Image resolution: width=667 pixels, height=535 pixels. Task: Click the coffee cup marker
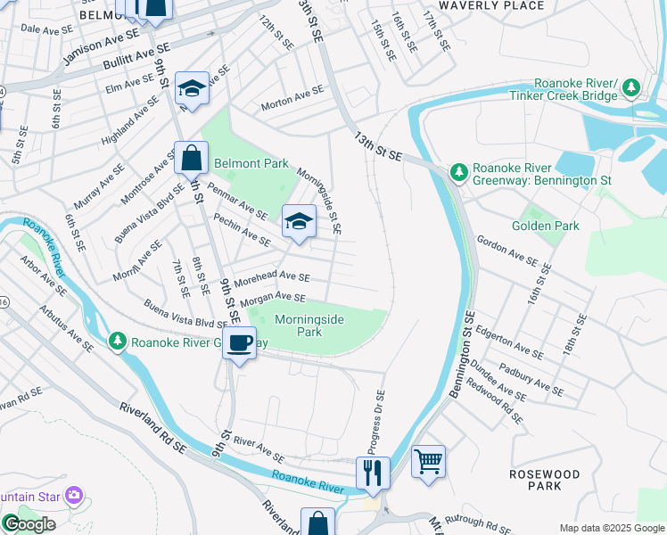238,343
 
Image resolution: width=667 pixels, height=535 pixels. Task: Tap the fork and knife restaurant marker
373,472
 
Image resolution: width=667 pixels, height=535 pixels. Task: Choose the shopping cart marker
428,462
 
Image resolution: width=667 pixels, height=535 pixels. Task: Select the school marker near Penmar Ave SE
299,222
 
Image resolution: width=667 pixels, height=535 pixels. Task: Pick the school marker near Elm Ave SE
192,88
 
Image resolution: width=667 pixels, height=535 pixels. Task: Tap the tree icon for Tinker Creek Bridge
631,87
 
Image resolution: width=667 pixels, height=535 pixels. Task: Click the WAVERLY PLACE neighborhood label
505,6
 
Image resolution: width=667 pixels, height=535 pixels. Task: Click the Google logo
29,524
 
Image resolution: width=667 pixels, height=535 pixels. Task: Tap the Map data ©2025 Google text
611,528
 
